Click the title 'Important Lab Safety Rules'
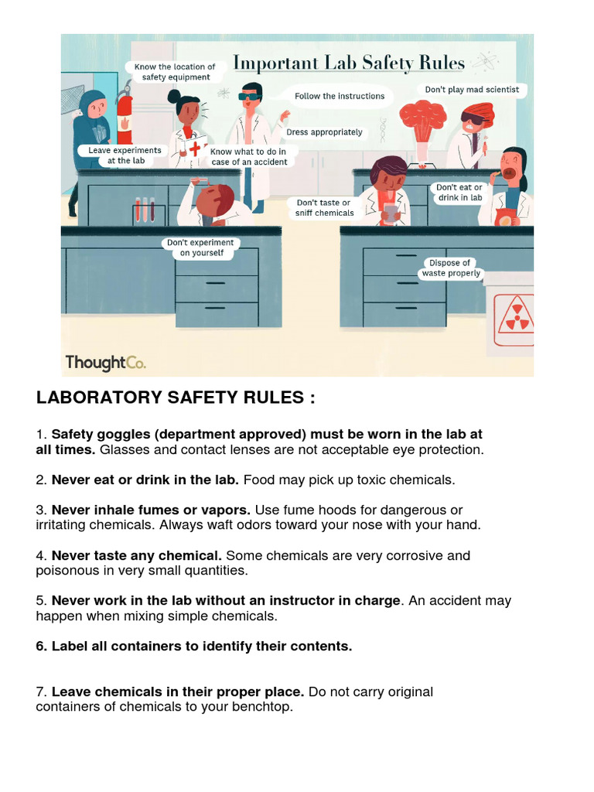coord(349,63)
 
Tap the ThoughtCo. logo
coord(105,362)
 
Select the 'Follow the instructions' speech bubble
coord(339,96)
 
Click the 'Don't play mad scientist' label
coord(472,90)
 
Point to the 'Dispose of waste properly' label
coord(451,268)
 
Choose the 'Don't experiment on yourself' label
coord(200,247)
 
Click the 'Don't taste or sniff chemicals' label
coord(325,207)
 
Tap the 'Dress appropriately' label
coord(324,132)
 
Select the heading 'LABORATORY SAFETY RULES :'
coord(176,398)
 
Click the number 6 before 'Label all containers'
coord(40,646)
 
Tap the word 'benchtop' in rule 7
coord(266,706)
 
